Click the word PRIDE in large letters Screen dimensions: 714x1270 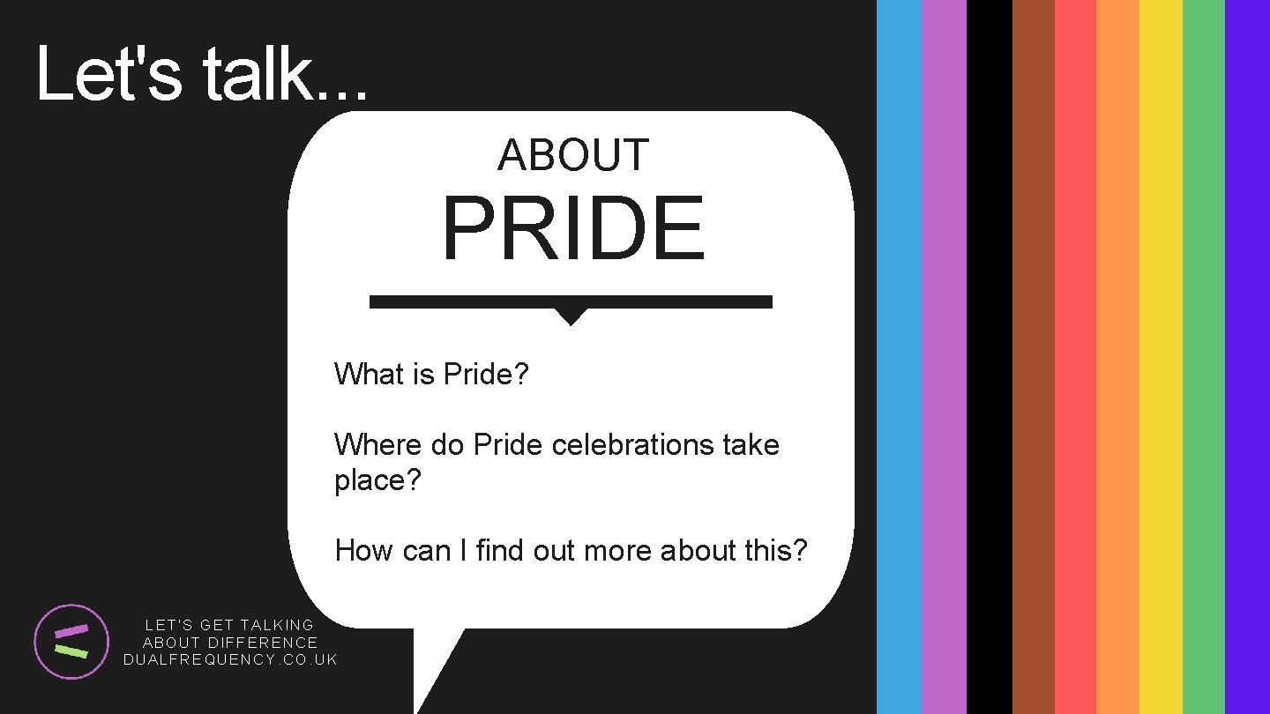573,229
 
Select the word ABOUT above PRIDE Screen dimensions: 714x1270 573,155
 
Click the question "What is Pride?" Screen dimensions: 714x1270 431,374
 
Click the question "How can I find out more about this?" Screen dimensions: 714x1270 571,550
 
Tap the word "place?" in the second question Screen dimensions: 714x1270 377,480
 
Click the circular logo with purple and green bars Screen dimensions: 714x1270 71,642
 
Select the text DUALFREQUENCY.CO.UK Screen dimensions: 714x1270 230,659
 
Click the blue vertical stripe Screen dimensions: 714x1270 899,357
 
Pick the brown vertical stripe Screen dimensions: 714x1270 1033,357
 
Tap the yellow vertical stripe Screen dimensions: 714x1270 1161,357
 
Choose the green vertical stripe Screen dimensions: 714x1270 1203,357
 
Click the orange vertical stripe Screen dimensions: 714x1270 1117,357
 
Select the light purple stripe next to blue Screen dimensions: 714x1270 944,357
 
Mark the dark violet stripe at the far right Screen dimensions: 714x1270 1247,357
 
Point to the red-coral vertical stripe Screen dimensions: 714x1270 1075,357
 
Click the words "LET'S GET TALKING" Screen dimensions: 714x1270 229,625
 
